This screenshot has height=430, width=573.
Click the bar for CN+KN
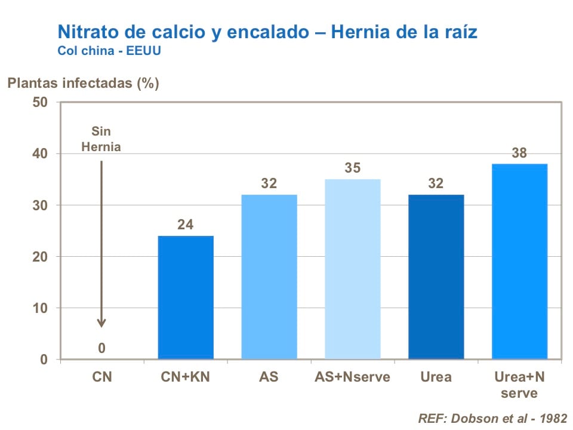186,297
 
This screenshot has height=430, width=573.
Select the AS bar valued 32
269,277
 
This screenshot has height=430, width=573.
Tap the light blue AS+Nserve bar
352,269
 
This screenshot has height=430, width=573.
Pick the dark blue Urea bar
436,277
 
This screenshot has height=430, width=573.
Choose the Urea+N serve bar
519,262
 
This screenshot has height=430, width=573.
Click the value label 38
519,153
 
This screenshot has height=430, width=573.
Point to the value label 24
186,225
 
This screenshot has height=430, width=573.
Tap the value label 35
352,168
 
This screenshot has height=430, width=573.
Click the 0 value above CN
101,348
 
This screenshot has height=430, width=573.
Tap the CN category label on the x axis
101,377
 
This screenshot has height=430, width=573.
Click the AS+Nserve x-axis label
352,377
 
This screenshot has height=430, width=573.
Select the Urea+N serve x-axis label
519,385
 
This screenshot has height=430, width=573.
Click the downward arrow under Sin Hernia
101,239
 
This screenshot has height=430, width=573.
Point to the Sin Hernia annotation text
101,139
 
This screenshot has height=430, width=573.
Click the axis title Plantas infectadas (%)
83,83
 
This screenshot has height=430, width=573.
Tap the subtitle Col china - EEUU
109,50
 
